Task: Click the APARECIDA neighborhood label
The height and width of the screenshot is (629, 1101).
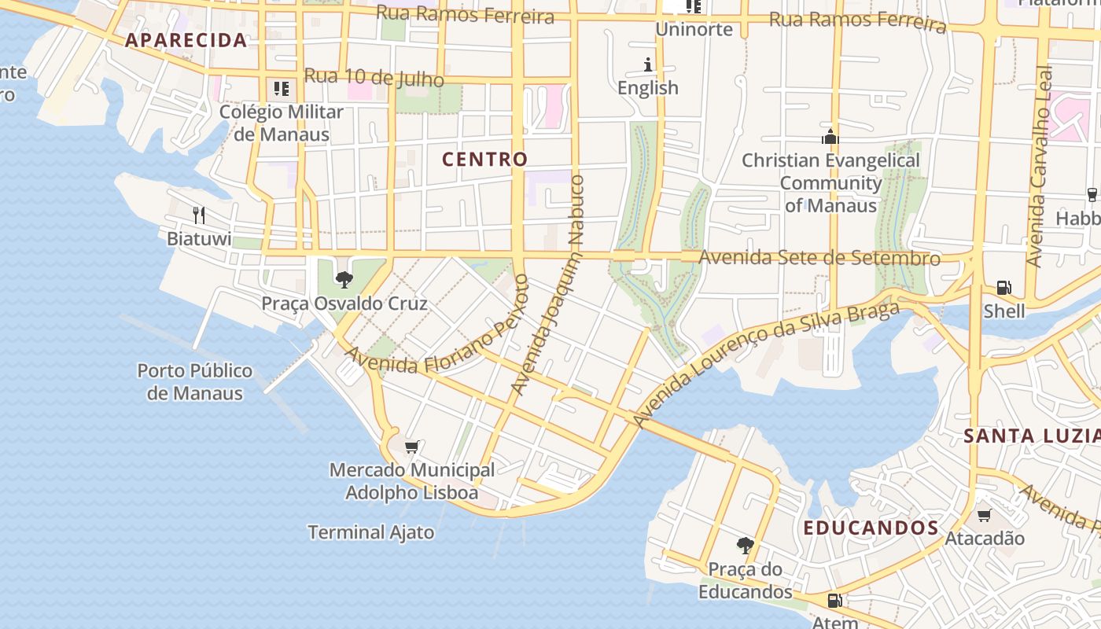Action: tap(186, 40)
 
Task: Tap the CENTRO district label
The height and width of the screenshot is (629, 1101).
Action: tap(484, 159)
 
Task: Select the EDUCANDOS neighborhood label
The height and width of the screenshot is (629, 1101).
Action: tap(871, 528)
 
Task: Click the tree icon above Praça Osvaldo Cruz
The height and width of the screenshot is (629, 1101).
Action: tap(344, 279)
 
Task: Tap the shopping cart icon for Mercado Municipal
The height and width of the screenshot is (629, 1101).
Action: tap(411, 447)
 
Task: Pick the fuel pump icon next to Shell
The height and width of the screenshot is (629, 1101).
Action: tap(1003, 288)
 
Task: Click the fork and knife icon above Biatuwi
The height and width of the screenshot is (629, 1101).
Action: tap(199, 215)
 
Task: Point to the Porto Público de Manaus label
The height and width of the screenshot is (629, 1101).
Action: tap(195, 381)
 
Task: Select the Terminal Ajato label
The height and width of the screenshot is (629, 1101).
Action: tap(370, 532)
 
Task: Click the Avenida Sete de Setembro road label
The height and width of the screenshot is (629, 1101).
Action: tap(819, 257)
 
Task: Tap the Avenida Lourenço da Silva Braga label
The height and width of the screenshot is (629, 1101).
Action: tap(766, 365)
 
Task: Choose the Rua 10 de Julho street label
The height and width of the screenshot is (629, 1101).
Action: tap(374, 77)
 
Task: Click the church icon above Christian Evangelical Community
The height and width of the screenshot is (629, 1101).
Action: tap(830, 137)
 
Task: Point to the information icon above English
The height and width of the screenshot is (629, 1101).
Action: tap(648, 64)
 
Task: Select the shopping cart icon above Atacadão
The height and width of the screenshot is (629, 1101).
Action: tap(984, 516)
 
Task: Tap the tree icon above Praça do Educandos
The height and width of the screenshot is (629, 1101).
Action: tap(745, 545)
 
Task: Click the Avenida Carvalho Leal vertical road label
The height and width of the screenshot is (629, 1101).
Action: tap(1040, 165)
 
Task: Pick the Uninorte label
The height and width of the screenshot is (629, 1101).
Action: tap(694, 30)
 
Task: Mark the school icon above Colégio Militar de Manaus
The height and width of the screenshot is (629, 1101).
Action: tap(281, 88)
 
